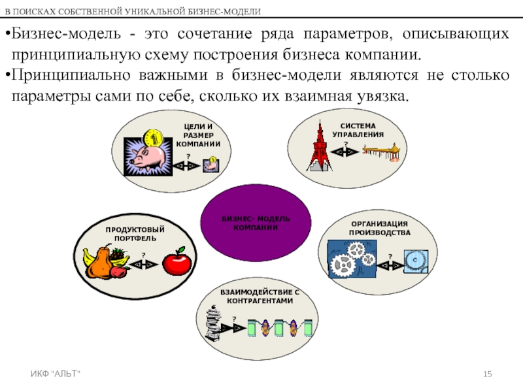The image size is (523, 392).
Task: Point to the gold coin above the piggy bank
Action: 154,137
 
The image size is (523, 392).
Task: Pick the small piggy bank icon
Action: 211,166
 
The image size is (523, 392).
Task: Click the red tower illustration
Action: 320,147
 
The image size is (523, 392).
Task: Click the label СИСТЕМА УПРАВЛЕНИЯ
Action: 358,129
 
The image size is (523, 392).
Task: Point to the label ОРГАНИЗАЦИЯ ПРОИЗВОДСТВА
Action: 379,228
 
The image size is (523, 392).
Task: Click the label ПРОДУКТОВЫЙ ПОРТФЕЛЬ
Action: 135,234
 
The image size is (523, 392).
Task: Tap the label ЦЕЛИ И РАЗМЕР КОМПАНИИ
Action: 199,135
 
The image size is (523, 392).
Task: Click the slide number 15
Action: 487,373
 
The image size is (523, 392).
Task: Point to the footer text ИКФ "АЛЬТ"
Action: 61,373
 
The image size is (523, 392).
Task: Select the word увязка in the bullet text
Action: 384,97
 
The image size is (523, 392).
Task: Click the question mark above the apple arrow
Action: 143,253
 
